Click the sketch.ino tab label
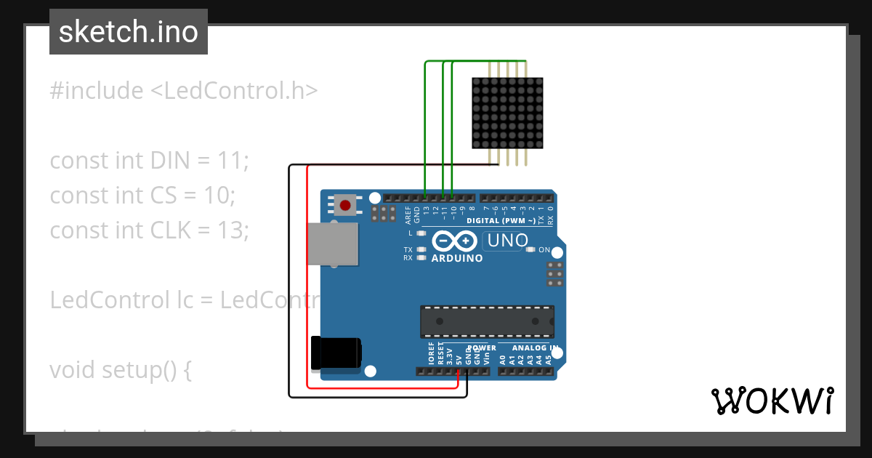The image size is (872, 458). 129,32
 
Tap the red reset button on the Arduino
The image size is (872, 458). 346,205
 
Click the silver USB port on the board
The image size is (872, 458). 333,244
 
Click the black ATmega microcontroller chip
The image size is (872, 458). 487,321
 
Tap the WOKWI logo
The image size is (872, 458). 772,401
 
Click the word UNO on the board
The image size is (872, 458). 507,241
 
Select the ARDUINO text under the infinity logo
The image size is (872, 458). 457,258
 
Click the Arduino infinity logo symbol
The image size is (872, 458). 454,241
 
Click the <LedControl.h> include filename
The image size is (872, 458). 234,91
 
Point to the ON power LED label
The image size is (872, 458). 544,250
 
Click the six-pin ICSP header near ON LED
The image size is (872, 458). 554,274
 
